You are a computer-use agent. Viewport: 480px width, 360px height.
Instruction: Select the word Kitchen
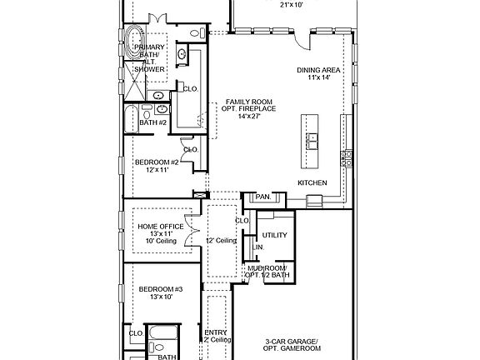click(312, 182)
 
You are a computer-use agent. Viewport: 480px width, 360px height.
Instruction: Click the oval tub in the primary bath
click(135, 40)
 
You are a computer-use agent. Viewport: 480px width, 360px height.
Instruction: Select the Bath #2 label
click(152, 122)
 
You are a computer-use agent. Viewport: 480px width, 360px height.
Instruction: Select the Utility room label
click(274, 235)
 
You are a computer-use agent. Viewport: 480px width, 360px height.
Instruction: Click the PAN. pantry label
click(262, 197)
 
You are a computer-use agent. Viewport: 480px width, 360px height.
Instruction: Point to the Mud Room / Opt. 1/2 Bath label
click(273, 271)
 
